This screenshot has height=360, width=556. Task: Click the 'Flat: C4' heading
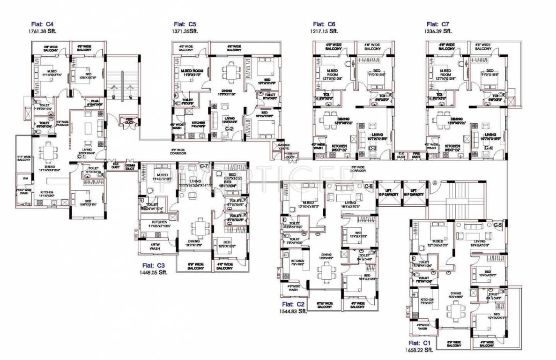click(44, 24)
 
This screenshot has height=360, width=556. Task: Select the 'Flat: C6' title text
click(324, 24)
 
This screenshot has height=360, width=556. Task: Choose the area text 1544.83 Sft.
click(293, 310)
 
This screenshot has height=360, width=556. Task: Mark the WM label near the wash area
click(24, 178)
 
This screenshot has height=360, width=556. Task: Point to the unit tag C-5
click(498, 225)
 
